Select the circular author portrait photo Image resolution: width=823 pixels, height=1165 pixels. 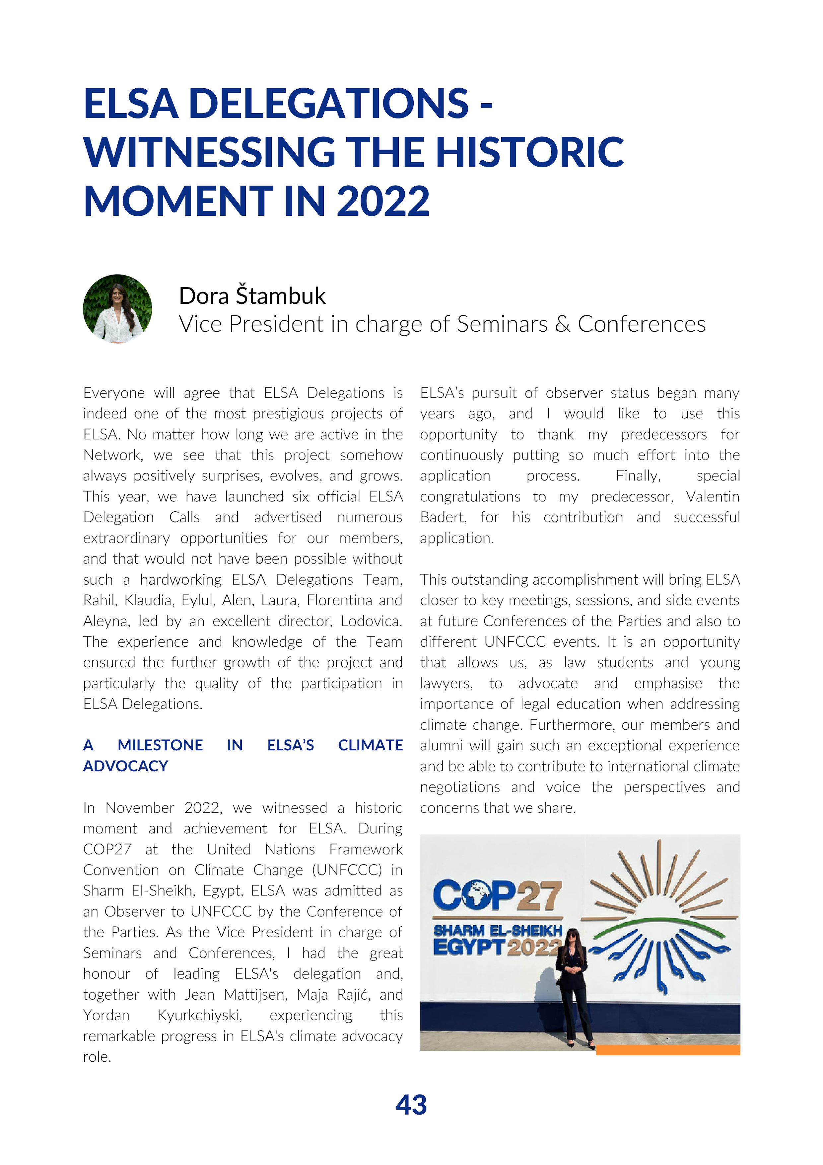pos(118,309)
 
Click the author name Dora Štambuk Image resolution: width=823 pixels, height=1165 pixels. pos(252,296)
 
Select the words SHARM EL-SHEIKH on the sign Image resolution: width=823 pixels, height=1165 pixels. pos(498,931)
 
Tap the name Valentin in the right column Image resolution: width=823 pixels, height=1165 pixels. pos(713,496)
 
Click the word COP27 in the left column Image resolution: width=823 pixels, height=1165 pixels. pos(107,849)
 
